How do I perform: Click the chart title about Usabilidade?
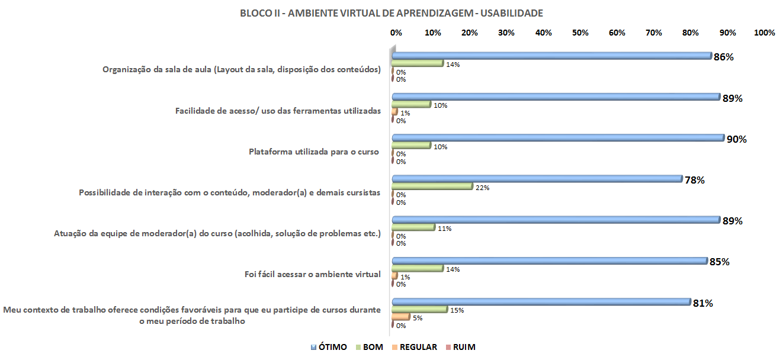pos(391,12)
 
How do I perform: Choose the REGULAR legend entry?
pos(418,347)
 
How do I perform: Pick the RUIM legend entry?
pos(464,347)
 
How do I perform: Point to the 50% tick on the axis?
pos(580,33)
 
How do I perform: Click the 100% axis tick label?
pos(764,33)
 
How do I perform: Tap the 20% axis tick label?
pos(470,33)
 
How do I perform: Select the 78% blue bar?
pos(537,179)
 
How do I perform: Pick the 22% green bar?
pos(432,187)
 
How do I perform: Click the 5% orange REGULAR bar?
pos(401,317)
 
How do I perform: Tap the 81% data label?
pos(702,303)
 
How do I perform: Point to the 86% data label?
pos(724,57)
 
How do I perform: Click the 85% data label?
pos(720,262)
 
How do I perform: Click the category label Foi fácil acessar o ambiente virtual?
pos(312,274)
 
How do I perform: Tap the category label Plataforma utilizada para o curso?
pos(314,152)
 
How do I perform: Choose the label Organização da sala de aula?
pos(241,70)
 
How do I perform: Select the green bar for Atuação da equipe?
pos(413,227)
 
